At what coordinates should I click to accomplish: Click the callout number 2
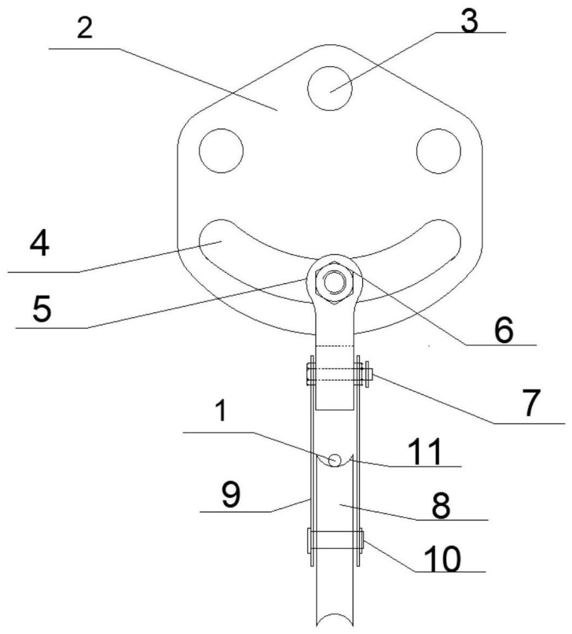pyautogui.click(x=84, y=29)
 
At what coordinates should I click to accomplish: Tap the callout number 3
pyautogui.click(x=469, y=20)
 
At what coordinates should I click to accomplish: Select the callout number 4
pyautogui.click(x=39, y=244)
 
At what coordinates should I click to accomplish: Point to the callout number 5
pyautogui.click(x=42, y=309)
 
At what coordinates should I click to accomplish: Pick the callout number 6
pyautogui.click(x=504, y=330)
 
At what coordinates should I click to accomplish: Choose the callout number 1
pyautogui.click(x=220, y=411)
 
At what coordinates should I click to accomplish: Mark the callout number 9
pyautogui.click(x=231, y=495)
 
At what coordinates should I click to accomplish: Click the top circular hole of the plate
pyautogui.click(x=329, y=88)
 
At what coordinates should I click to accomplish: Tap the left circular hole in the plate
pyautogui.click(x=221, y=150)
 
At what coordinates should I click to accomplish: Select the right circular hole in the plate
pyautogui.click(x=438, y=150)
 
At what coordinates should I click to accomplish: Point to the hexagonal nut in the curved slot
pyautogui.click(x=334, y=281)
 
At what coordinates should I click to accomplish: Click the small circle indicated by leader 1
pyautogui.click(x=334, y=460)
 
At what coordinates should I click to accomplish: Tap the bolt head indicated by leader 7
pyautogui.click(x=367, y=375)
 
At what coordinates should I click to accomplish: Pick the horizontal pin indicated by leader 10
pyautogui.click(x=335, y=540)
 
